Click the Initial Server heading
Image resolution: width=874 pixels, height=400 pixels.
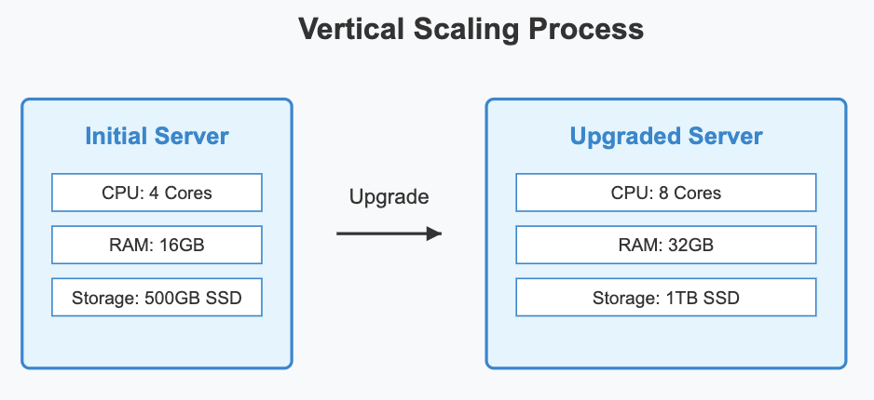point(157,137)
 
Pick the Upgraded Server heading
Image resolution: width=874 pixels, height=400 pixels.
point(665,137)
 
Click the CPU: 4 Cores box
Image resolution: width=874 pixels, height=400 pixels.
point(157,193)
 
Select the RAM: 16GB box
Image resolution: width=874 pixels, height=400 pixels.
point(157,246)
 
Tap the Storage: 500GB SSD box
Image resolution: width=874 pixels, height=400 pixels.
point(157,299)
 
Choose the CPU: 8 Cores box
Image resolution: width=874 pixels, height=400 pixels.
point(665,193)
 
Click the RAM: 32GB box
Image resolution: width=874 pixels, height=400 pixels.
point(665,246)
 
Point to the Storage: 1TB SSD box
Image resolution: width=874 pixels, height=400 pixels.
point(665,299)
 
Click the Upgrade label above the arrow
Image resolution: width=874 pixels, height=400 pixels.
point(389,197)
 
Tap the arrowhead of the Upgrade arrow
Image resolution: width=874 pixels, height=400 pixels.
point(433,234)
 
